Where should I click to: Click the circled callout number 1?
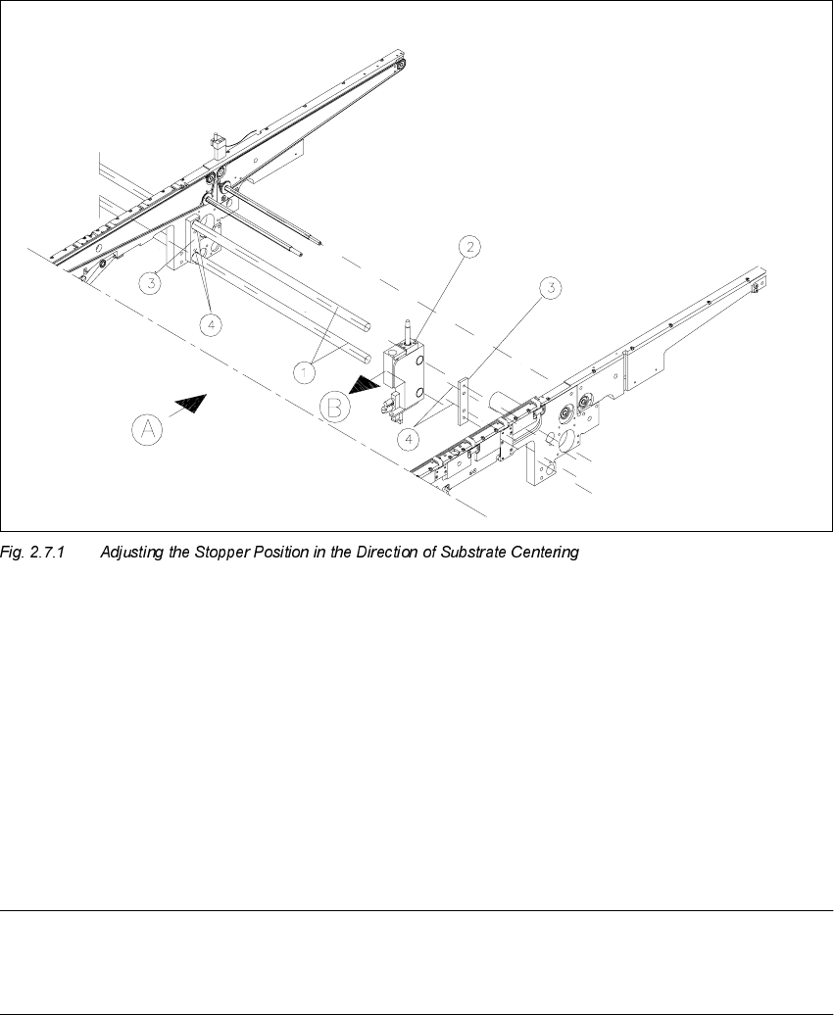coord(307,371)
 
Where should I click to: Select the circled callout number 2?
coord(469,248)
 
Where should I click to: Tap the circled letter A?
coord(147,429)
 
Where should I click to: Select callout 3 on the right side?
coord(553,288)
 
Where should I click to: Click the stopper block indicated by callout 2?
coord(404,376)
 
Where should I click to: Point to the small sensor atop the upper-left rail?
coord(219,145)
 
